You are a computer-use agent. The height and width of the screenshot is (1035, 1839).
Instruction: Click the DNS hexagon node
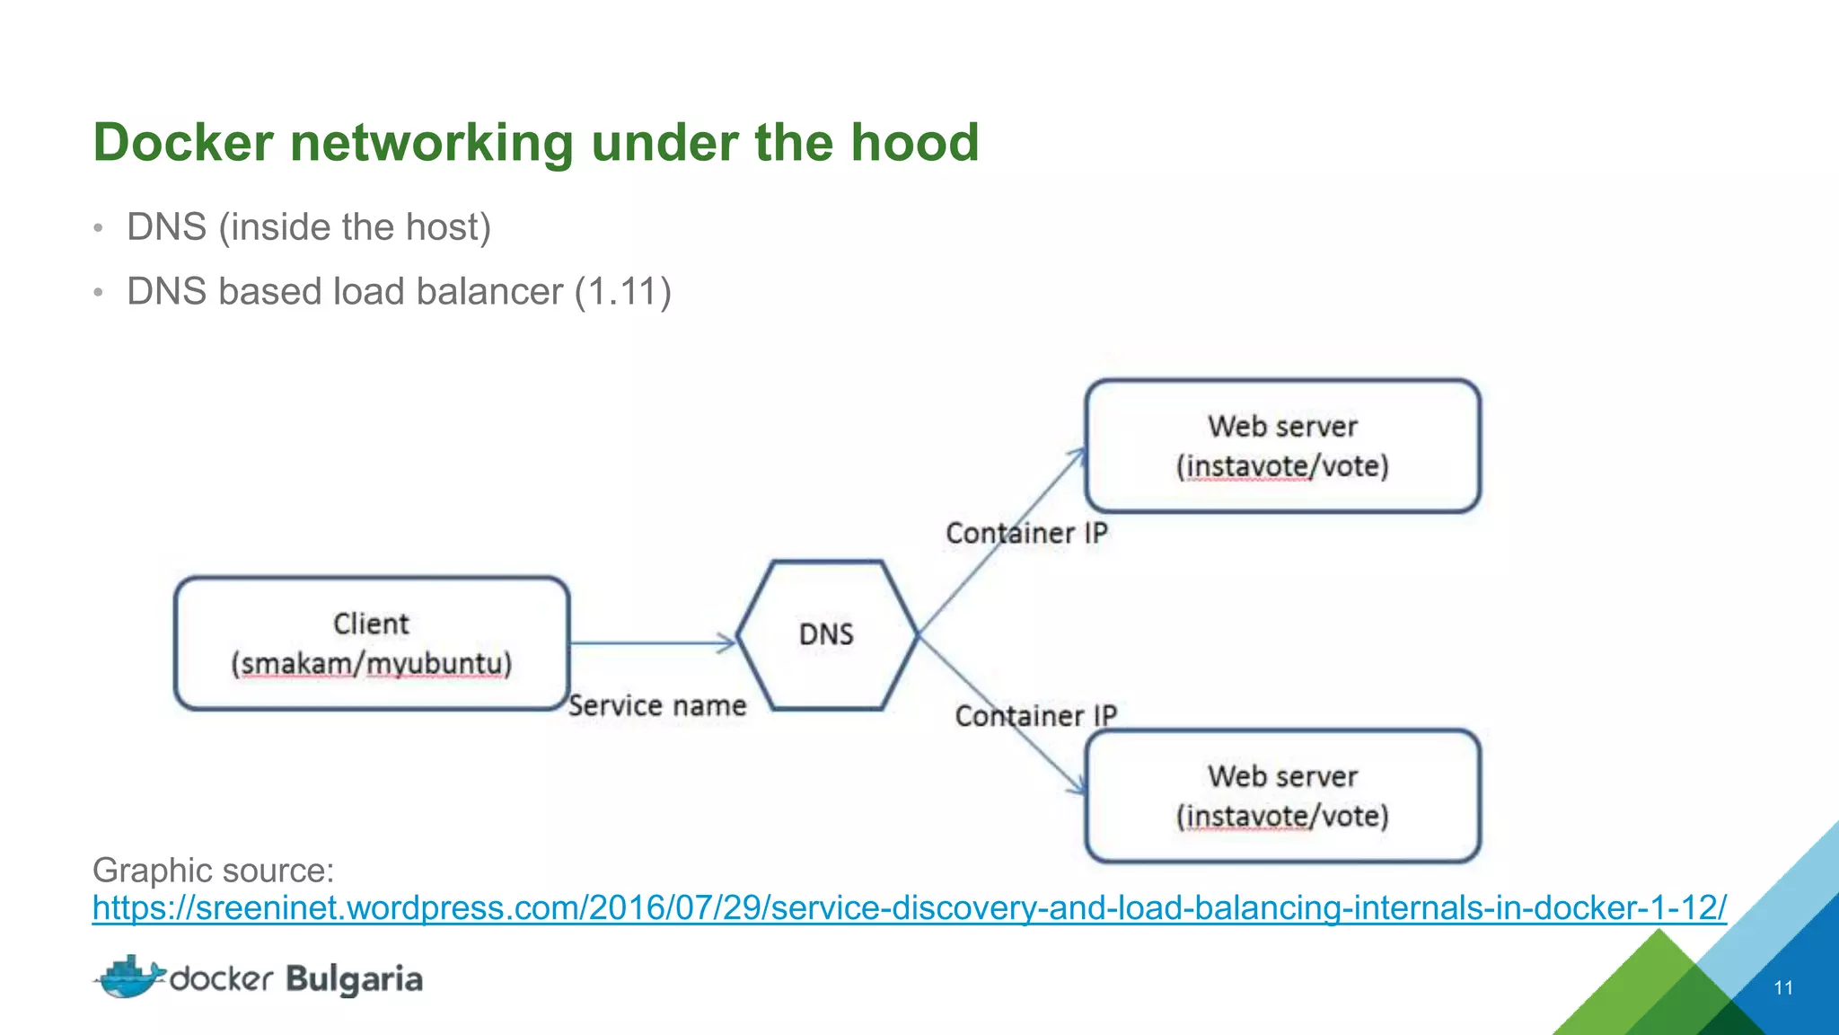click(827, 635)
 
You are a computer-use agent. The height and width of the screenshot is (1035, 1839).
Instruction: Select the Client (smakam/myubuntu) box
click(372, 643)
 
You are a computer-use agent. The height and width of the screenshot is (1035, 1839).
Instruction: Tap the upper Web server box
click(1282, 446)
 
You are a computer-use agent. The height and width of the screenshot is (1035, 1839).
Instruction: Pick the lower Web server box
click(1282, 796)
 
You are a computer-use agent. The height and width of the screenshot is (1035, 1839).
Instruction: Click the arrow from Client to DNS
click(651, 642)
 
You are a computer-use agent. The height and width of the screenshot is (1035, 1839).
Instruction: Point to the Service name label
click(657, 705)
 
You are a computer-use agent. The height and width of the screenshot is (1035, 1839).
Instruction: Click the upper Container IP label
click(1026, 533)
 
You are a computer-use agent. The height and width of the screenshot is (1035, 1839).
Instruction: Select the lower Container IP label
click(1035, 716)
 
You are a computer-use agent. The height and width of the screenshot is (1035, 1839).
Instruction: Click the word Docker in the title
click(183, 143)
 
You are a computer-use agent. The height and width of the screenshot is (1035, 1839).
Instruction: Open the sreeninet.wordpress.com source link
click(909, 907)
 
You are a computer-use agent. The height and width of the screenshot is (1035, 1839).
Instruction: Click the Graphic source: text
click(214, 870)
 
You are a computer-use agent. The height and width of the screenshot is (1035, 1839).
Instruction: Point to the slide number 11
click(1783, 987)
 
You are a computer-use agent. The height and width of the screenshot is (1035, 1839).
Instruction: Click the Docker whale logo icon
click(130, 977)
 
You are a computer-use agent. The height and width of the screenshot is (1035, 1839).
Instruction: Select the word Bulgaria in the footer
click(354, 979)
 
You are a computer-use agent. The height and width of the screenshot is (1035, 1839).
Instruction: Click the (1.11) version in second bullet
click(622, 292)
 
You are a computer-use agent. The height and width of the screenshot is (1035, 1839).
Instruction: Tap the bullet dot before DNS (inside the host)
click(99, 228)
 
